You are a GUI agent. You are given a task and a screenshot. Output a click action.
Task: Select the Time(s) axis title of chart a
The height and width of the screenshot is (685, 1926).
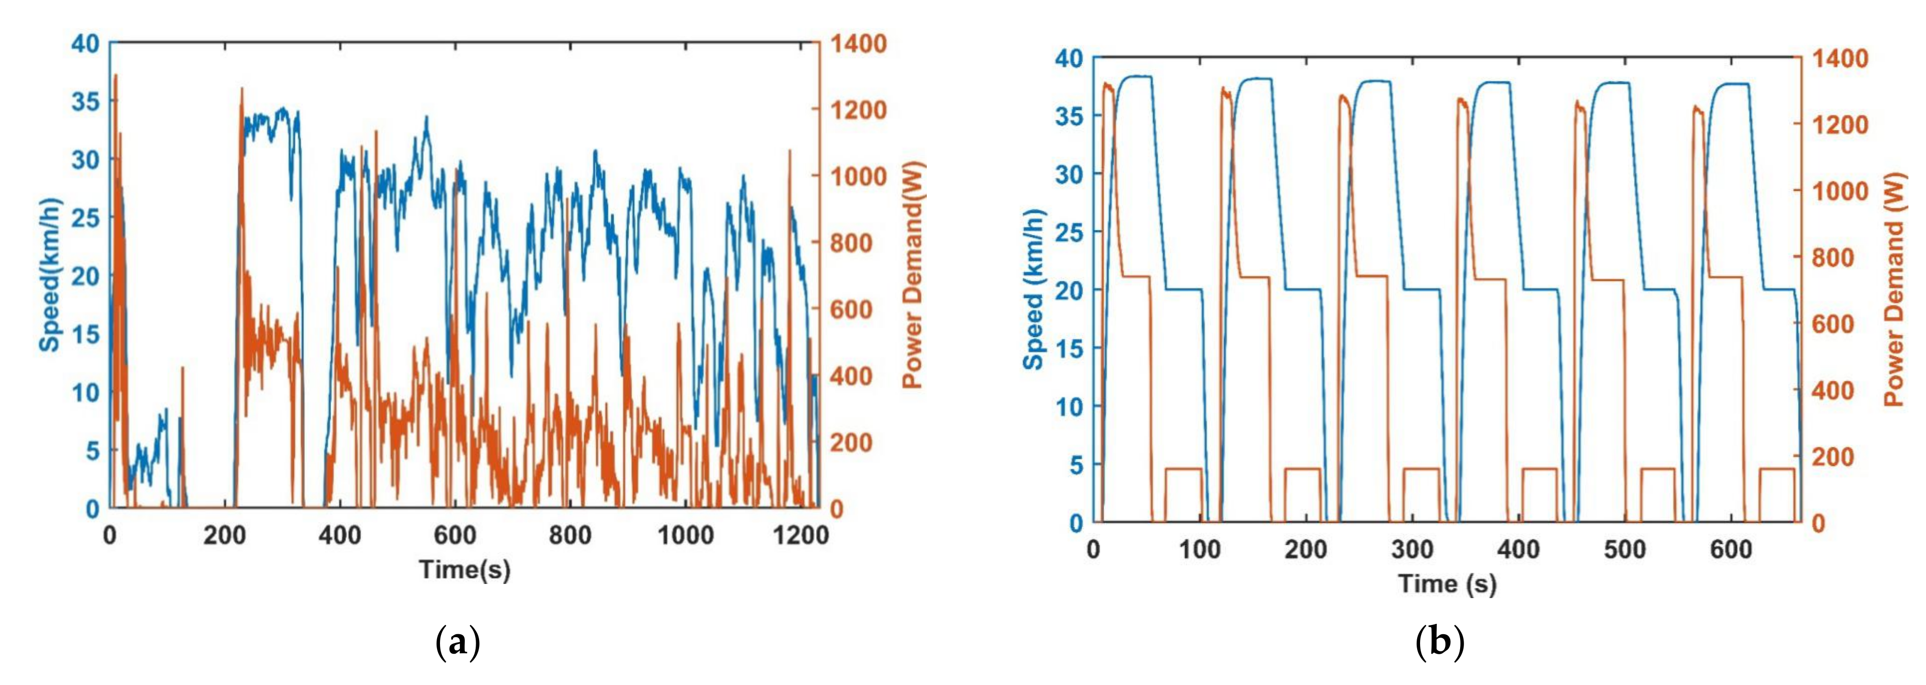[464, 569]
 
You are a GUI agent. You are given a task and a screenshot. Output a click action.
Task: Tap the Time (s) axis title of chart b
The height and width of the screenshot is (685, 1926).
[1447, 583]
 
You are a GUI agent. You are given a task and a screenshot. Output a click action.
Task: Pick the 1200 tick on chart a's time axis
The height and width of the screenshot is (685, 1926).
[800, 536]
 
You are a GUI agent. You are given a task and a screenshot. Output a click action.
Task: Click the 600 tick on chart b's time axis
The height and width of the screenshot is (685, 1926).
[1731, 550]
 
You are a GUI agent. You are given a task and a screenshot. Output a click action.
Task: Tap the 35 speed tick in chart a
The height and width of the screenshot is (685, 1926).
[85, 102]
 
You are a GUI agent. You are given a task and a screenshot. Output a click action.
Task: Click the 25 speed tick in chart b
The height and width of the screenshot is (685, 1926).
[1069, 232]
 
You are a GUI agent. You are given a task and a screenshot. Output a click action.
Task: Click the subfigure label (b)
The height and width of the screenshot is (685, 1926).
[1439, 643]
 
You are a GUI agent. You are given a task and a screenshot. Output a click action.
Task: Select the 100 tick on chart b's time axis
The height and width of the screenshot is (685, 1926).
[1199, 550]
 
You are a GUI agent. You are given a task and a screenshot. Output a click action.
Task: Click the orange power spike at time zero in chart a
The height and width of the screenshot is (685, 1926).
[115, 76]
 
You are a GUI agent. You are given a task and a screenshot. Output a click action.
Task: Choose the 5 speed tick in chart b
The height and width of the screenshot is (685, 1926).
[1076, 464]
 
